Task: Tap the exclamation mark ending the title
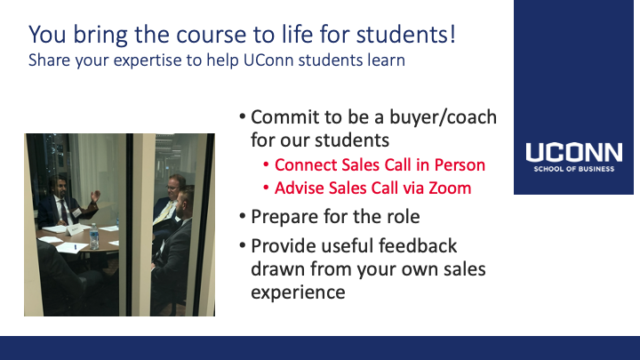tap(452, 34)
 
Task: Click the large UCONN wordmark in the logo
tap(573, 152)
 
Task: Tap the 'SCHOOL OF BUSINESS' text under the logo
tap(573, 169)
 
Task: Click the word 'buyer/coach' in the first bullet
tap(443, 117)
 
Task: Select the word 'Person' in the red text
tap(460, 165)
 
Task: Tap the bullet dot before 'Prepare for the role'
tap(243, 216)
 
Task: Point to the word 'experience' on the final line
tap(298, 292)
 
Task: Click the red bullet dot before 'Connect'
tap(266, 164)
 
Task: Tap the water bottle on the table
tap(94, 236)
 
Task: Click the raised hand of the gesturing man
tap(95, 196)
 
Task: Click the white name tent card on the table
tap(75, 230)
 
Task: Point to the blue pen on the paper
tap(75, 246)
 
